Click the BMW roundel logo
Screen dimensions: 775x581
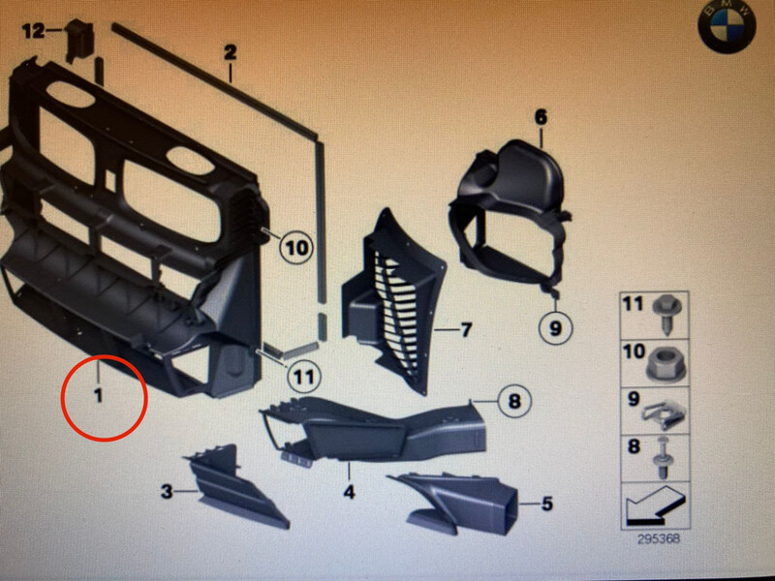(x=728, y=28)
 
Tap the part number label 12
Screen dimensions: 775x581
(x=33, y=32)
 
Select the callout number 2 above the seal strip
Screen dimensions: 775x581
(x=231, y=53)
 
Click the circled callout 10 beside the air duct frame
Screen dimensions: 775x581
(x=296, y=247)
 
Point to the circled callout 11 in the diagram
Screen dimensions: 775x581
(x=303, y=378)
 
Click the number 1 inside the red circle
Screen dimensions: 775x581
(x=99, y=395)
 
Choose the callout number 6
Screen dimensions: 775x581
(x=542, y=117)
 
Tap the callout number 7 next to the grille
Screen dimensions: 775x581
(x=466, y=329)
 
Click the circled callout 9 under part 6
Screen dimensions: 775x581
(x=555, y=327)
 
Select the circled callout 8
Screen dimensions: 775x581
(x=514, y=401)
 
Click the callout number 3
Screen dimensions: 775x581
(x=167, y=492)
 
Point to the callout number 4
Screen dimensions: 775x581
(x=350, y=492)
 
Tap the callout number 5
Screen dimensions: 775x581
(x=546, y=504)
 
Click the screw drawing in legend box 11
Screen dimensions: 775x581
(x=666, y=313)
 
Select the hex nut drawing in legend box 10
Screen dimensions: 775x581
(x=666, y=364)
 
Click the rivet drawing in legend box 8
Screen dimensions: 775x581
(x=663, y=459)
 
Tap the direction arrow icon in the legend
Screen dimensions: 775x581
(x=655, y=505)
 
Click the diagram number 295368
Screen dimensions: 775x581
(x=659, y=538)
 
